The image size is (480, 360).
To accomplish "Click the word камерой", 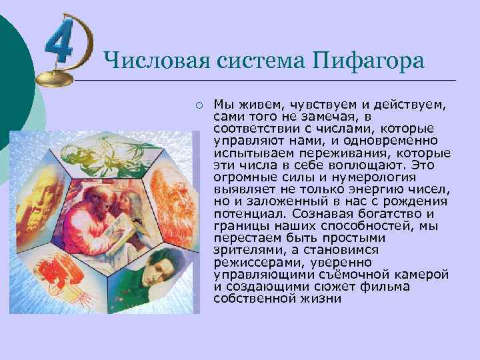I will (x=421, y=275).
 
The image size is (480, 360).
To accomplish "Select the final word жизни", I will (x=325, y=299).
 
